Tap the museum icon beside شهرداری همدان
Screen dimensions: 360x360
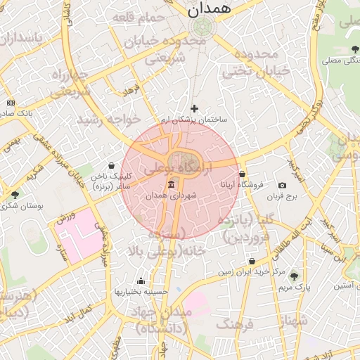pos(172,185)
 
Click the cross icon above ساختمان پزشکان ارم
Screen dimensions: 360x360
pos(195,108)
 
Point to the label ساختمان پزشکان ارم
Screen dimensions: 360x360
pos(194,120)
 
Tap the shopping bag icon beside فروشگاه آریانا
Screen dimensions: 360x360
pos(243,174)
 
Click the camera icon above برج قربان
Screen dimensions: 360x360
pos(282,185)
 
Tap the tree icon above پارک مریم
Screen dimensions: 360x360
pos(294,276)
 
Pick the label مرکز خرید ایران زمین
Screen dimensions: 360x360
pos(251,271)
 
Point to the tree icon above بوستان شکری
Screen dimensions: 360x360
pos(15,194)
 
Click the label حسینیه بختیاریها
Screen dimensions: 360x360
pos(141,291)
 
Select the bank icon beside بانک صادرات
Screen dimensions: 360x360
pos(10,103)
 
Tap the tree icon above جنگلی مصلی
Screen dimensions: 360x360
pos(355,49)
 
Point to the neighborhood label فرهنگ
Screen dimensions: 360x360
pos(235,324)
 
